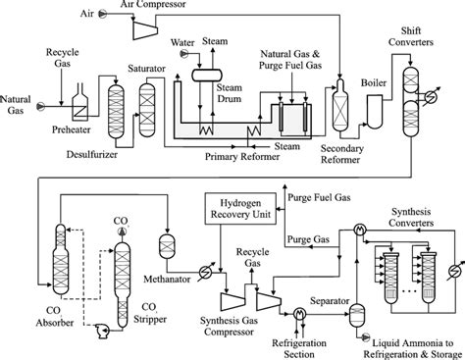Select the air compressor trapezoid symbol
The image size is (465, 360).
coord(145,29)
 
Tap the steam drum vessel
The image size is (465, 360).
coord(207,75)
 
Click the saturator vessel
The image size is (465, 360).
coord(147,110)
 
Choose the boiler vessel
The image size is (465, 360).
coord(375,111)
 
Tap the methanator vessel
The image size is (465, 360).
coord(167,245)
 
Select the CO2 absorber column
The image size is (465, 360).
coord(61,259)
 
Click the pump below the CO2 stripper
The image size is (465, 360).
coord(102,331)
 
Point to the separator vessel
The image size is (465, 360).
coord(357,315)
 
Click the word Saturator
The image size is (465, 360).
coord(146,69)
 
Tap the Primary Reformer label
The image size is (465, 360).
coord(242,157)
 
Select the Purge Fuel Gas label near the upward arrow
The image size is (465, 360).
coord(319,198)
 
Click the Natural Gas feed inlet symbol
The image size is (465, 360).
coord(40,106)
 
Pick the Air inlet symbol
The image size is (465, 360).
coord(103,14)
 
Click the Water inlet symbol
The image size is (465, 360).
coord(184,53)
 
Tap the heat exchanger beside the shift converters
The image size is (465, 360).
coord(431,96)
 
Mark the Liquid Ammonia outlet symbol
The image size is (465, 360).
coord(365,337)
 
